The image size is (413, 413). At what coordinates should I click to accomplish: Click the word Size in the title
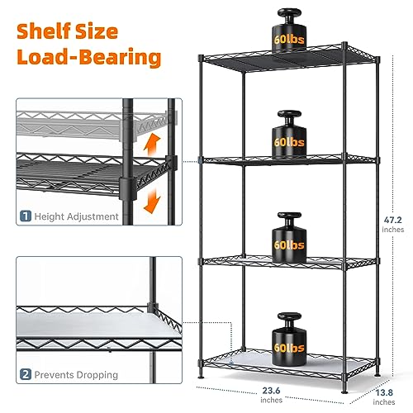97,31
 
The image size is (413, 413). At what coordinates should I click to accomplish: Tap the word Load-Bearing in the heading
89,57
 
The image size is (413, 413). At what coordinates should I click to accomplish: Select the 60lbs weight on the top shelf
289,31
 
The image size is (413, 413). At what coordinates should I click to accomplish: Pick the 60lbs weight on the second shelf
289,135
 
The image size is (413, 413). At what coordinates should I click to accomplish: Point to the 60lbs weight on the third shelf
289,237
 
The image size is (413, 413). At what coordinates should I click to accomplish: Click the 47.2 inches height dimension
393,225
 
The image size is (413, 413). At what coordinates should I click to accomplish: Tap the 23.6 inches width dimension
271,395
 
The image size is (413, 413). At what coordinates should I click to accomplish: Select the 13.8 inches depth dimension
384,396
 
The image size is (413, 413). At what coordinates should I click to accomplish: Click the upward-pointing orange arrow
152,145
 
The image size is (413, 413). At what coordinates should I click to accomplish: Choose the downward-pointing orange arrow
152,201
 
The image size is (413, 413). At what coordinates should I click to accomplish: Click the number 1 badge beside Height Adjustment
26,216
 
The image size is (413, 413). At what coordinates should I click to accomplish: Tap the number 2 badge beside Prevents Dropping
26,374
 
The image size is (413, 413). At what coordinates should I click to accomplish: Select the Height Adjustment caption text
76,216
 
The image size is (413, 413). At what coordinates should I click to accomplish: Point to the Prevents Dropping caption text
76,375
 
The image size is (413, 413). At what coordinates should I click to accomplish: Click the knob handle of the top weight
289,14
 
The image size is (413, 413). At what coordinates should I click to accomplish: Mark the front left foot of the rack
201,375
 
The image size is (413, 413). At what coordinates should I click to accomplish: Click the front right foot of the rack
344,391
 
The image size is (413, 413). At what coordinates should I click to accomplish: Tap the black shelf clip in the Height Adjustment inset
128,188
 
